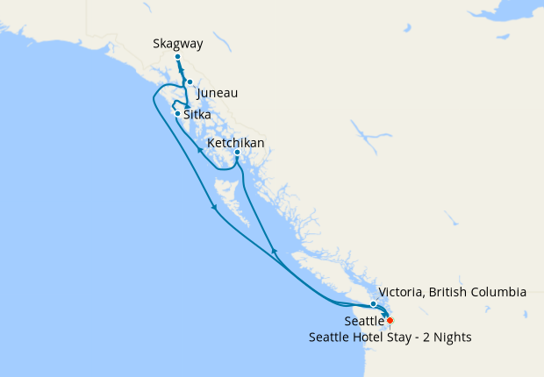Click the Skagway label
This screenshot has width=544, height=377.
tap(176, 42)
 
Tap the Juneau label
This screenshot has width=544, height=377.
tap(218, 93)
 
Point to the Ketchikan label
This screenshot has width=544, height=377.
tap(236, 142)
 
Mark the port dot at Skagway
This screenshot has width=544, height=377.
tap(177, 57)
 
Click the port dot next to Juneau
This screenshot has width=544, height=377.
tap(190, 82)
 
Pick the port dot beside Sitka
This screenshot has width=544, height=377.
tap(178, 114)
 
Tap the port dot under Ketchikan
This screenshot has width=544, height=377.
tap(237, 153)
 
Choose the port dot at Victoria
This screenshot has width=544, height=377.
tap(373, 304)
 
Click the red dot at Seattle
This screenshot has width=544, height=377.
tap(390, 321)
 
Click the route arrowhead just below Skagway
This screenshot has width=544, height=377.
tap(182, 73)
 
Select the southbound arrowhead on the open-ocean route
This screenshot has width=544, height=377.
tap(214, 208)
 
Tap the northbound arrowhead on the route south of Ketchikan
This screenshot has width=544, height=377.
tap(275, 252)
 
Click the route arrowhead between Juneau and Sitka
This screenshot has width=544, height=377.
tap(188, 106)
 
